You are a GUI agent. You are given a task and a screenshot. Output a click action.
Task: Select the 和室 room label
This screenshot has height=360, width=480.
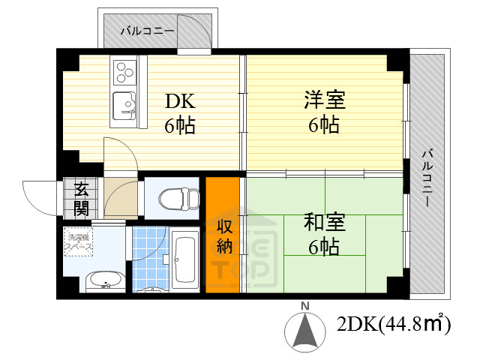click(x=323, y=223)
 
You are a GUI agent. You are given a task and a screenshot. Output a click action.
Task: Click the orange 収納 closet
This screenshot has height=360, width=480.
click(x=223, y=235)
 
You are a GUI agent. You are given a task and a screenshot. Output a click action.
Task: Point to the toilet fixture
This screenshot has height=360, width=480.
click(x=179, y=199)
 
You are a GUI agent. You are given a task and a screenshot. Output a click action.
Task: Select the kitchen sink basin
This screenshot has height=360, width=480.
click(x=122, y=104)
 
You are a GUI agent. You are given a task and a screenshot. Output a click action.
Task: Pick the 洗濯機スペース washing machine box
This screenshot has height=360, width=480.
click(x=79, y=241)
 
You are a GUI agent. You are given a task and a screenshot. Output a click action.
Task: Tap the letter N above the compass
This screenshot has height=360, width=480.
click(x=305, y=306)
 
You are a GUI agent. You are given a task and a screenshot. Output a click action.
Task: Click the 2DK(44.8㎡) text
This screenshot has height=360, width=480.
click(x=394, y=324)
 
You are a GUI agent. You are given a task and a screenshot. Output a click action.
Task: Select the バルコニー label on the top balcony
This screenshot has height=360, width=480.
click(x=148, y=31)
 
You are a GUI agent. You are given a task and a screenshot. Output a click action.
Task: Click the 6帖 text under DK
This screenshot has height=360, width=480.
click(x=180, y=125)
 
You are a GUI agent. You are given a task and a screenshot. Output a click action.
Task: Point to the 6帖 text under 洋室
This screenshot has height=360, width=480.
click(x=323, y=124)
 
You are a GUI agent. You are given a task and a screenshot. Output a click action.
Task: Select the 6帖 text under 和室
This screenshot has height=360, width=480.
click(x=323, y=245)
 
